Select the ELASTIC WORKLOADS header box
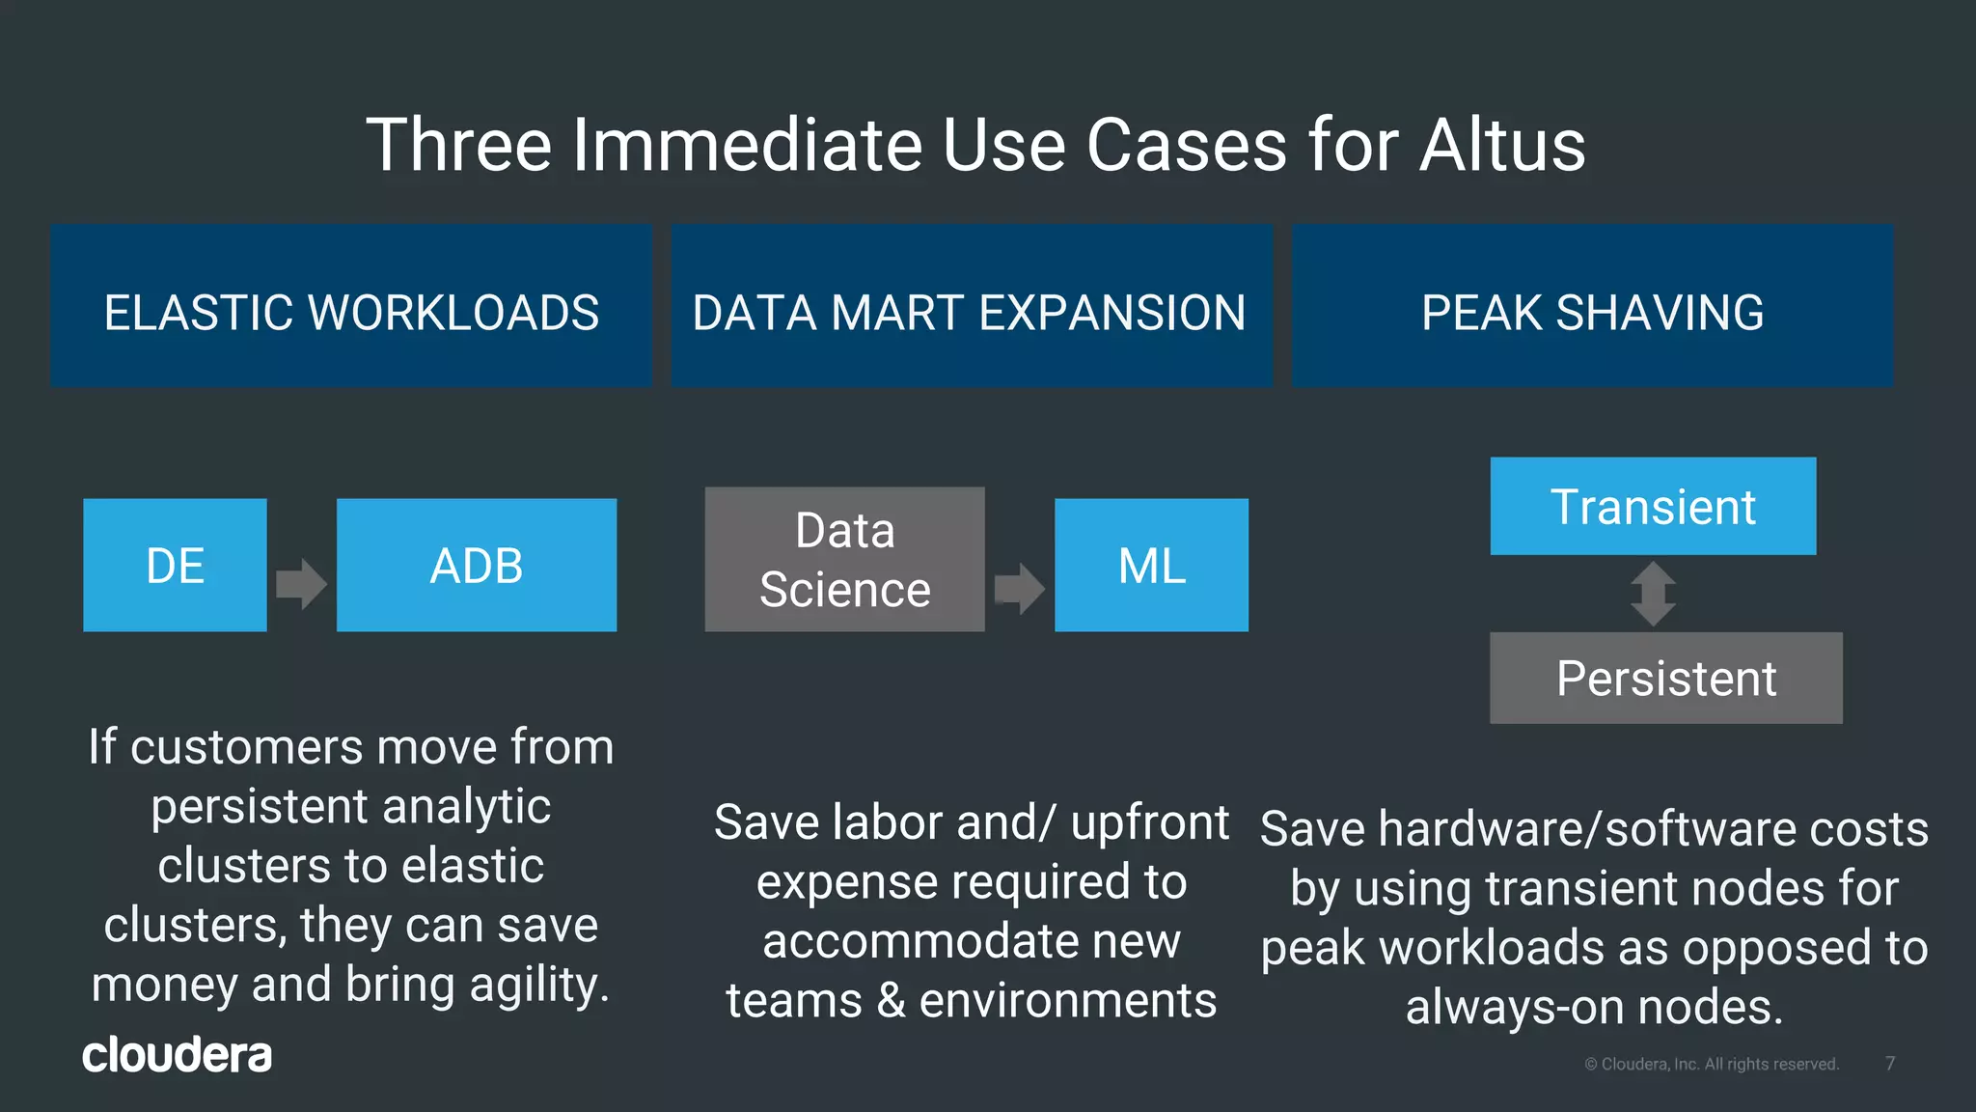pyautogui.click(x=351, y=307)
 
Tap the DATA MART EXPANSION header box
pyautogui.click(x=972, y=307)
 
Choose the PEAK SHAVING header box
pyautogui.click(x=1592, y=307)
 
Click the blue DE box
pyautogui.click(x=175, y=565)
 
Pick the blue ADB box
pyautogui.click(x=476, y=565)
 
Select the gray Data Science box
pyautogui.click(x=844, y=559)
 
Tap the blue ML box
pyautogui.click(x=1151, y=565)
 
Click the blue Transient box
pyautogui.click(x=1653, y=506)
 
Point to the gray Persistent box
pyautogui.click(x=1665, y=678)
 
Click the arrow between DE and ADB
pyautogui.click(x=301, y=584)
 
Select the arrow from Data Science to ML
pyautogui.click(x=1019, y=588)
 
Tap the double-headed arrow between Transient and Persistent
pyautogui.click(x=1653, y=594)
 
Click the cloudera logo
pyautogui.click(x=177, y=1055)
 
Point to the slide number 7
pyautogui.click(x=1890, y=1064)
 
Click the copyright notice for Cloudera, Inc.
pyautogui.click(x=1712, y=1064)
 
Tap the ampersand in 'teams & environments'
pyautogui.click(x=891, y=1001)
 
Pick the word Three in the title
pyautogui.click(x=458, y=145)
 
